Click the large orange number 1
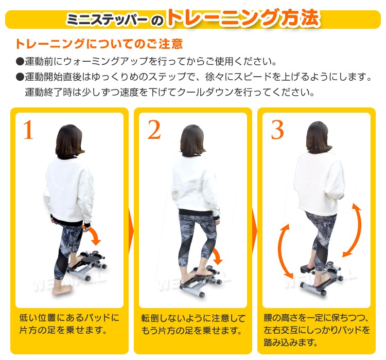pyautogui.click(x=28, y=131)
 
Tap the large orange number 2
pyautogui.click(x=154, y=131)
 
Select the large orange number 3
pyautogui.click(x=277, y=131)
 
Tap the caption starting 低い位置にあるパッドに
pyautogui.click(x=68, y=323)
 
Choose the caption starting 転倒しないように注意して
pyautogui.click(x=193, y=323)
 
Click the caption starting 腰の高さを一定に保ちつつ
pyautogui.click(x=316, y=330)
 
